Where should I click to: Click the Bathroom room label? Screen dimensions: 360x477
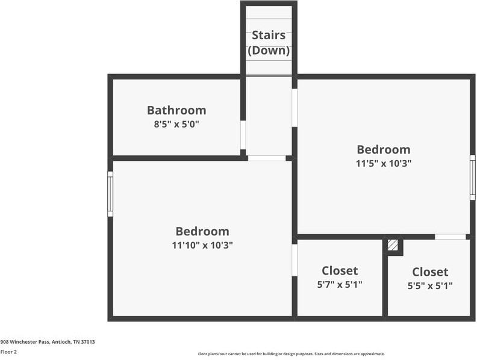pos(176,110)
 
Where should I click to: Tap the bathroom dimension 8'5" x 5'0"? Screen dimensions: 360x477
pos(176,125)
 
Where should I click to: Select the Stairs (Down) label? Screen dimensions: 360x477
pos(269,42)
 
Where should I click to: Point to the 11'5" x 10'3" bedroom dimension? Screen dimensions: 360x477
pos(384,163)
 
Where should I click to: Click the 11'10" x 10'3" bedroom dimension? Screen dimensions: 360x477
pos(202,245)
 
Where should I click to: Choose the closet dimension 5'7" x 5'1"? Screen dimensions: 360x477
pos(340,284)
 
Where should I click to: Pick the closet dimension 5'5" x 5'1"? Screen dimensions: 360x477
pos(430,285)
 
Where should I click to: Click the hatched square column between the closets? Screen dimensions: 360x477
pos(393,246)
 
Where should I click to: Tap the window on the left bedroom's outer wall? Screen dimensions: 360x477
pos(110,194)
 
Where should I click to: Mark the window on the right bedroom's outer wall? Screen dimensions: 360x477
pos(473,177)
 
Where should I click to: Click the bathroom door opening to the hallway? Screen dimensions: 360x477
pos(243,134)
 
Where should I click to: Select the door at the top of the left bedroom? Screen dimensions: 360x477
pos(266,158)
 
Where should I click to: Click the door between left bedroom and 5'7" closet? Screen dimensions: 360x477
pos(295,259)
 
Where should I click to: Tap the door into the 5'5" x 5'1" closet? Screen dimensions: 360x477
pos(450,237)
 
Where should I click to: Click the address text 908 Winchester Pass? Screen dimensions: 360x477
pos(48,341)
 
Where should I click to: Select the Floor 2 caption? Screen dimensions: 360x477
pos(8,352)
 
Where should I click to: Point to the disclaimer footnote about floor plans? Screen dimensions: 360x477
pos(291,354)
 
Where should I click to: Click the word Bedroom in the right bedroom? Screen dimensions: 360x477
pos(384,149)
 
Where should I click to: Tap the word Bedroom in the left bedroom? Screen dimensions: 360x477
pos(202,231)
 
